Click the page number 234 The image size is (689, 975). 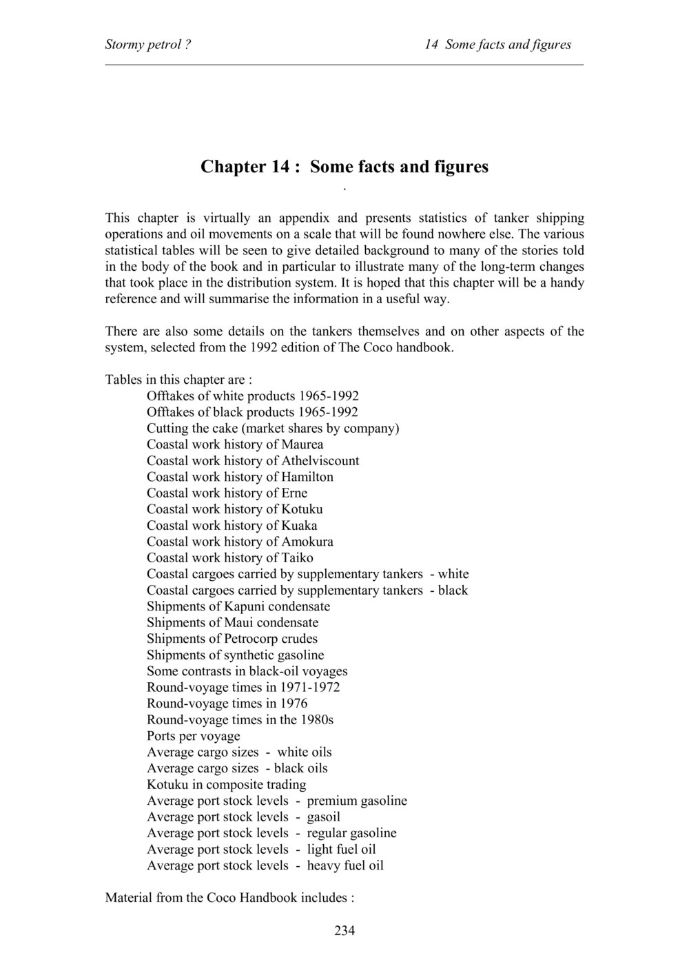point(344,931)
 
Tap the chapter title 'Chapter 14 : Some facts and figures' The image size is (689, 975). point(344,167)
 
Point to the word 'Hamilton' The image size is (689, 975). point(307,477)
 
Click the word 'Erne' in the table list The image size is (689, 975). point(295,493)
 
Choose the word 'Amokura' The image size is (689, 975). point(307,542)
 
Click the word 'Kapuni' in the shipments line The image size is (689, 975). point(245,606)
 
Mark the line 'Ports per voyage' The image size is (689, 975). point(194,736)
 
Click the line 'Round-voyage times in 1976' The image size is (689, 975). point(227,704)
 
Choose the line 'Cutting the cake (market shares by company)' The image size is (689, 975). point(273,428)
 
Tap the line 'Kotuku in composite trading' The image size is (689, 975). point(227,784)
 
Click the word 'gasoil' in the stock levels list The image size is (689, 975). point(324,817)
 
